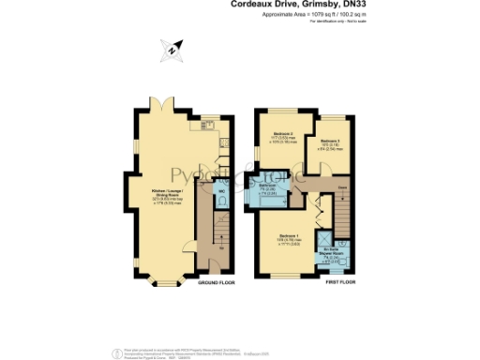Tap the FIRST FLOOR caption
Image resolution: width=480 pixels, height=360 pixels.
click(343, 280)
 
